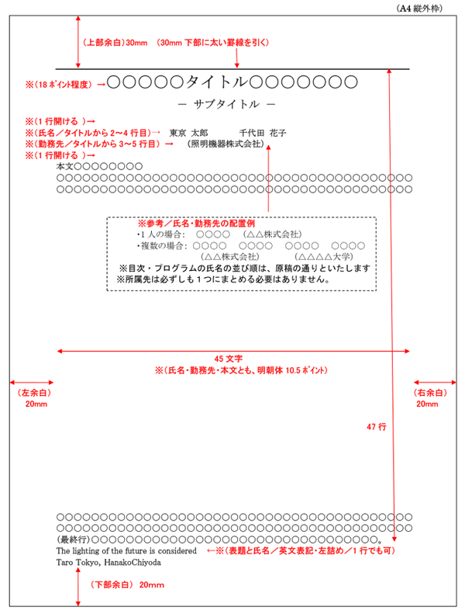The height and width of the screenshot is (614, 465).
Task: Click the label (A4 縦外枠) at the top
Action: pyautogui.click(x=425, y=9)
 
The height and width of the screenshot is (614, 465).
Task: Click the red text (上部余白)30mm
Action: pyautogui.click(x=115, y=43)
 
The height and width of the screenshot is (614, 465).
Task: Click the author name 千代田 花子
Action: pyautogui.click(x=263, y=133)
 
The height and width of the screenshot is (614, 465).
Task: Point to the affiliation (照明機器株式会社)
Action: pyautogui.click(x=226, y=144)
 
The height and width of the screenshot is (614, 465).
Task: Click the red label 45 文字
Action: pyautogui.click(x=229, y=359)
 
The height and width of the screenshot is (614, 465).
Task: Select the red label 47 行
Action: pyautogui.click(x=376, y=426)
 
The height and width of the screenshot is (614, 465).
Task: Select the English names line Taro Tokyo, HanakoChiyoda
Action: pyautogui.click(x=108, y=561)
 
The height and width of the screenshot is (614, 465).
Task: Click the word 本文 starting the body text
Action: pyautogui.click(x=64, y=166)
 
